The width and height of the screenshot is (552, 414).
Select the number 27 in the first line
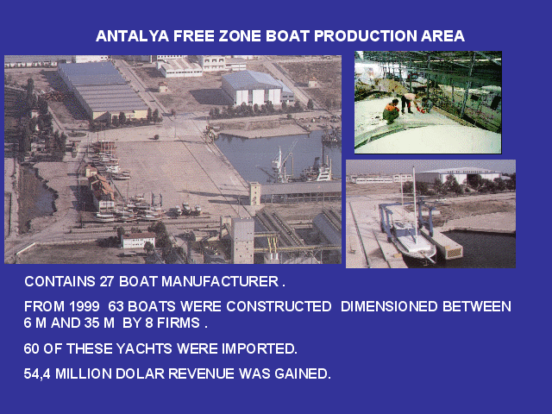pos(107,282)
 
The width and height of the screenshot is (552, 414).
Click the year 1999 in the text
pos(85,307)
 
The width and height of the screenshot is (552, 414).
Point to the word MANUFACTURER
pos(220,282)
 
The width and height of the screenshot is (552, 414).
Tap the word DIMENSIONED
pos(389,307)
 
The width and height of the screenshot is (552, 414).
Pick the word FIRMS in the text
pos(179,323)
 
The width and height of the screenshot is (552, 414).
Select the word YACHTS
pos(144,348)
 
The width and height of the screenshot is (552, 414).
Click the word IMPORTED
pos(260,348)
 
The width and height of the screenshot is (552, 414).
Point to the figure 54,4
pos(37,373)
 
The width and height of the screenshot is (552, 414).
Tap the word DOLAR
pos(140,373)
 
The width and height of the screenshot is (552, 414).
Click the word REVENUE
pos(201,373)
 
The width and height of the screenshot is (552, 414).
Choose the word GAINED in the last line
pos(303,373)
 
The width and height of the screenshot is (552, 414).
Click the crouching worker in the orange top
pos(391,111)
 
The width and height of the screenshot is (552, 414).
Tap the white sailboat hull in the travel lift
pos(416,243)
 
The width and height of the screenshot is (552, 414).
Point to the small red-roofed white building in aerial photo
pos(138,240)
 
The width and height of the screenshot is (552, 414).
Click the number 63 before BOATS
pos(116,307)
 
